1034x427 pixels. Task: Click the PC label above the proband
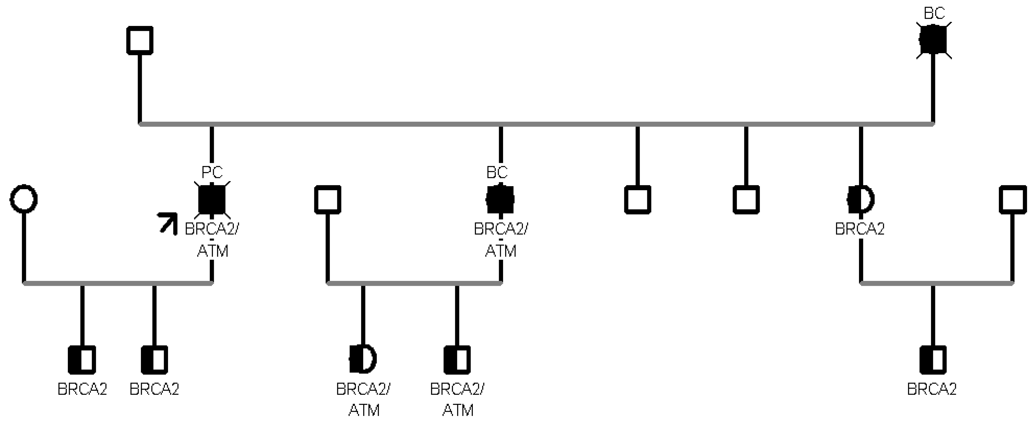[212, 172]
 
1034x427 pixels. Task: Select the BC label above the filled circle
[497, 172]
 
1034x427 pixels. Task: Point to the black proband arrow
[168, 223]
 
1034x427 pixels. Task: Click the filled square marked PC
[212, 199]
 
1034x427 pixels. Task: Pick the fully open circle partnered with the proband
[24, 199]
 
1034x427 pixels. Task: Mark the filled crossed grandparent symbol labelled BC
[933, 40]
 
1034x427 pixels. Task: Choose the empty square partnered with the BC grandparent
[140, 40]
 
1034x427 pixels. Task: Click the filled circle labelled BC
[500, 199]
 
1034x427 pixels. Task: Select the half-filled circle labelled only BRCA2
[860, 199]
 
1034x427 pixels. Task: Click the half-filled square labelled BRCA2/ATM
[457, 359]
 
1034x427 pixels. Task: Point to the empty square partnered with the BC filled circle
[327, 199]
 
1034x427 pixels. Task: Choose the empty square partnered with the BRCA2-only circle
[1012, 199]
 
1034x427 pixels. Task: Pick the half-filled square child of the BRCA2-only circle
[933, 359]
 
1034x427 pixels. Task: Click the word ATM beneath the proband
[213, 251]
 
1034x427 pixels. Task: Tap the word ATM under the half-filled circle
[364, 410]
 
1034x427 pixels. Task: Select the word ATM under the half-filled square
[458, 410]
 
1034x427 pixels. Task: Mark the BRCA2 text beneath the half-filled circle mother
[860, 229]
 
